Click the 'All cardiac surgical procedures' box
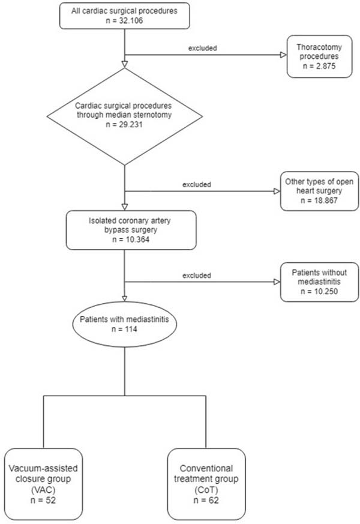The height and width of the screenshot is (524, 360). [x=125, y=16]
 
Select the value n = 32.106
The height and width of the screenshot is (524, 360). [x=124, y=20]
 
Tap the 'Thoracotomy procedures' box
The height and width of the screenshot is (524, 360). [x=319, y=56]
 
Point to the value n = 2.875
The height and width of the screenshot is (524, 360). [x=319, y=66]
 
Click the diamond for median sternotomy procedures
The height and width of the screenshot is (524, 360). [x=125, y=116]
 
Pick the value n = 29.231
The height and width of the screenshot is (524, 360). [x=124, y=124]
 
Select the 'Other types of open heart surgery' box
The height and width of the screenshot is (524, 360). [x=319, y=191]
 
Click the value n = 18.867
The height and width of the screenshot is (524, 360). [x=319, y=200]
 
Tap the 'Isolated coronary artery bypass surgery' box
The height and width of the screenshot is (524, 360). [x=131, y=230]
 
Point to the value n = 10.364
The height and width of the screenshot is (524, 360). [x=131, y=239]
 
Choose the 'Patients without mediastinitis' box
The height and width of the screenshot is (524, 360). [x=319, y=282]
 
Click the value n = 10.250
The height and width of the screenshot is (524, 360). [x=319, y=291]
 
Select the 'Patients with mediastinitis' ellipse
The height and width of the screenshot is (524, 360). [x=125, y=324]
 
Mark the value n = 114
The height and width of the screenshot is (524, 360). [x=124, y=329]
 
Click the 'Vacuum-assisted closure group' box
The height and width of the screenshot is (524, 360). [x=43, y=484]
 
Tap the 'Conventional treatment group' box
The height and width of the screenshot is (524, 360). [x=206, y=484]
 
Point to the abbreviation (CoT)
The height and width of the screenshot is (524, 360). [x=206, y=490]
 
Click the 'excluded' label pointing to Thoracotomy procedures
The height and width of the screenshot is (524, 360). [x=202, y=48]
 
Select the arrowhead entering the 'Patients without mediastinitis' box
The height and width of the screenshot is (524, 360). [x=277, y=282]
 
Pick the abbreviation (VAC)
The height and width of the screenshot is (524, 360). [x=43, y=490]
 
